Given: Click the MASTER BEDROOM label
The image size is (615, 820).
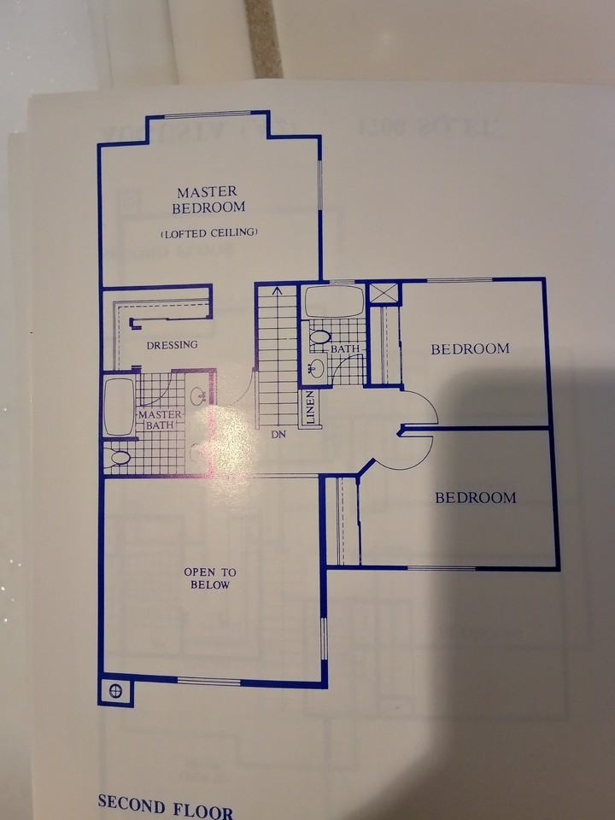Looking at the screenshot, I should click(x=208, y=200).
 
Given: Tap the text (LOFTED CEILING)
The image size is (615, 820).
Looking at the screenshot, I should click(x=208, y=232).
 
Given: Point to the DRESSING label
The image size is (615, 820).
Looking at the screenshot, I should click(x=172, y=345).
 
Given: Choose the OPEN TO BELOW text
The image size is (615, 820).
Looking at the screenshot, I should click(x=209, y=578).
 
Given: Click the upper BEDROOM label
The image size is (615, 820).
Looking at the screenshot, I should click(x=470, y=348).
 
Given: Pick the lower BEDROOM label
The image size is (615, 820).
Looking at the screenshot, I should click(x=475, y=498).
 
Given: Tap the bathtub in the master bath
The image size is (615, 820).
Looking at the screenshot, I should click(x=118, y=407).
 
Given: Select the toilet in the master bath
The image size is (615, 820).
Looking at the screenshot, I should click(x=120, y=458).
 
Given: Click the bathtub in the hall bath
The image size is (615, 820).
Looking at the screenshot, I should click(x=334, y=302).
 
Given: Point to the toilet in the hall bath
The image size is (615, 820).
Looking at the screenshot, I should click(x=319, y=338).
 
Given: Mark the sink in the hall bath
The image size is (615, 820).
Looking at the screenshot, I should click(x=315, y=368).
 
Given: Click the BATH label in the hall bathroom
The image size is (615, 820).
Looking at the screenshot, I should click(x=345, y=349).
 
